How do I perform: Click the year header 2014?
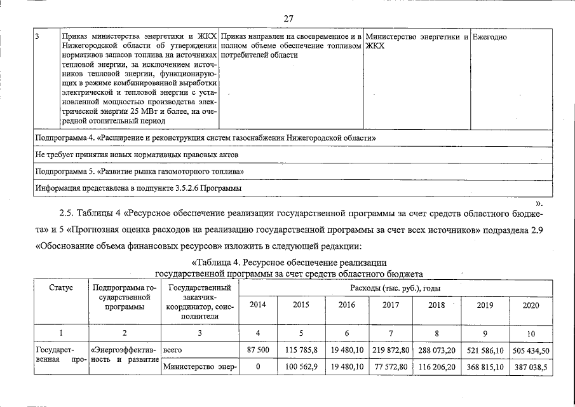coord(258,305)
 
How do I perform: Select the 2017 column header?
coord(391,305)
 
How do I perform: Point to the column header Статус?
coord(61,288)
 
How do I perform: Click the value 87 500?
coord(258,350)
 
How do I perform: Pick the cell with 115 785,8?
coord(301,350)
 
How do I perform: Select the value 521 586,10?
coord(484,350)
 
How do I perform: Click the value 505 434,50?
coord(530,350)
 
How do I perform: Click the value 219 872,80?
coord(391,350)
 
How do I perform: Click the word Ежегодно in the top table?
coord(490,37)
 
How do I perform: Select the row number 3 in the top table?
coord(37,37)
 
